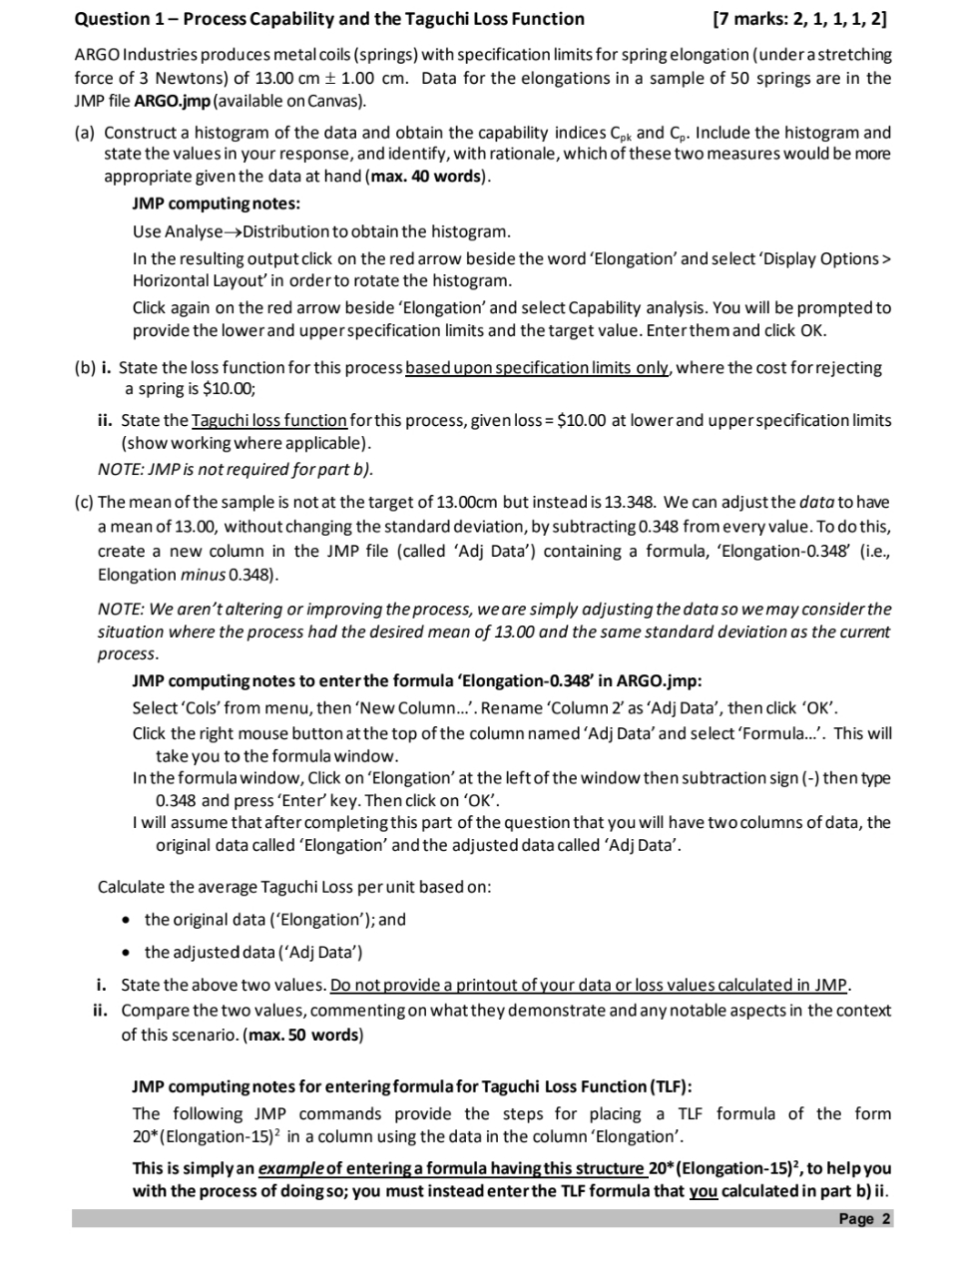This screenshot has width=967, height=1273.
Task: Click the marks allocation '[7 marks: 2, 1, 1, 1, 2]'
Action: [x=800, y=19]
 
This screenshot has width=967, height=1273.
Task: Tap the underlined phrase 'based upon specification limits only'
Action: [x=540, y=368]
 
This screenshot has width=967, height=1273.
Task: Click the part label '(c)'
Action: [x=85, y=502]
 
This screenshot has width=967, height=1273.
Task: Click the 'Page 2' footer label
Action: [x=864, y=1219]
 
